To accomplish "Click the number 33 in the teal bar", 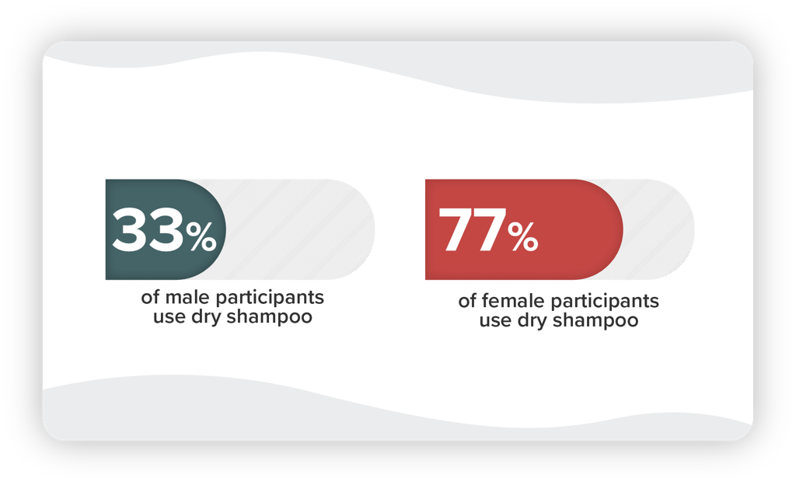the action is (148, 230).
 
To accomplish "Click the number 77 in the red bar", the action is (472, 230).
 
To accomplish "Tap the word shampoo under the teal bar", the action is (269, 317).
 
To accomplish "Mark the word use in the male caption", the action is (169, 318).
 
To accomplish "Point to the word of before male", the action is (150, 297).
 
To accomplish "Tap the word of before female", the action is (467, 301).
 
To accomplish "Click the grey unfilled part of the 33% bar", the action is (299, 229).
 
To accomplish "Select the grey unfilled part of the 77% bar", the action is (659, 229).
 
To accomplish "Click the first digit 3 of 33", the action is (130, 230).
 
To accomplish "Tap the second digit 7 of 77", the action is (490, 230).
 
